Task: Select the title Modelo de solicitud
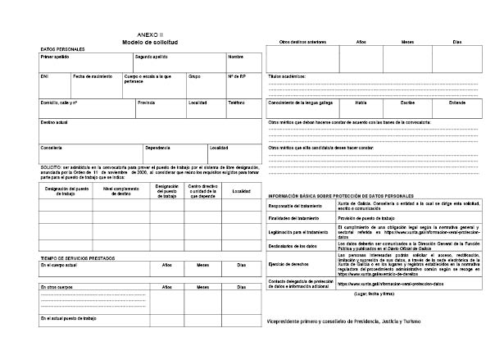[x=150, y=42]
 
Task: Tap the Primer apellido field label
[x=55, y=57]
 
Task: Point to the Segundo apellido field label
[x=152, y=57]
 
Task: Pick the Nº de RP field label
[x=237, y=75]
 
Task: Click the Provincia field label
[x=147, y=103]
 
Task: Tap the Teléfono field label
[x=237, y=103]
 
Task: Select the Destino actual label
[x=54, y=122]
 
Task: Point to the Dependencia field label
[x=158, y=148]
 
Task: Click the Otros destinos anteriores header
[x=302, y=41]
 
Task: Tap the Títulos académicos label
[x=287, y=75]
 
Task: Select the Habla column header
[x=361, y=103]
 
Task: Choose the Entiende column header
[x=456, y=103]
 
